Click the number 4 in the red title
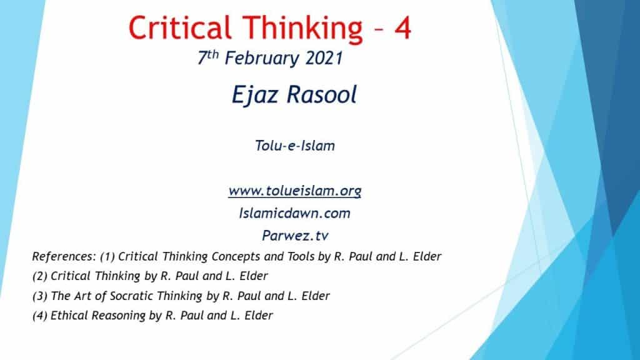click(402, 27)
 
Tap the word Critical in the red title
click(179, 27)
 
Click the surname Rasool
click(322, 95)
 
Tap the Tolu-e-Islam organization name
click(295, 146)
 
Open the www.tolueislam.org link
click(295, 191)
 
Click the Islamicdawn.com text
click(295, 213)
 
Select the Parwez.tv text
click(295, 236)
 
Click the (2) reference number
click(39, 276)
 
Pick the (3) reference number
click(39, 296)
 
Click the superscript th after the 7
click(212, 55)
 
